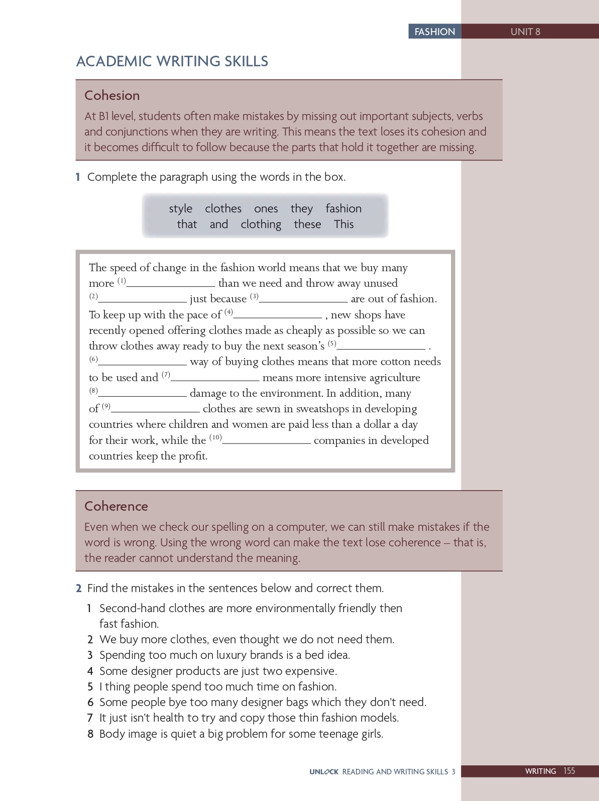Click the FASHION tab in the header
tap(434, 32)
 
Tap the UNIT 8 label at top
tap(525, 32)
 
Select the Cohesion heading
tap(112, 95)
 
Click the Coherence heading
tap(116, 506)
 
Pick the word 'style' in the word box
tap(180, 208)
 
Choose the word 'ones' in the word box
tap(266, 208)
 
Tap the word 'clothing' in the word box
tap(261, 224)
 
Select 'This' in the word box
tap(344, 224)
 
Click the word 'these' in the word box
tap(307, 224)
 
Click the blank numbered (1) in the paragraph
tap(171, 284)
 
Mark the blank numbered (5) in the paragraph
tap(382, 347)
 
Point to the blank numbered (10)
tap(267, 441)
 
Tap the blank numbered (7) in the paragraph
tap(215, 379)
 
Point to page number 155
tap(569, 771)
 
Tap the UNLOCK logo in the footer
tap(324, 772)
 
